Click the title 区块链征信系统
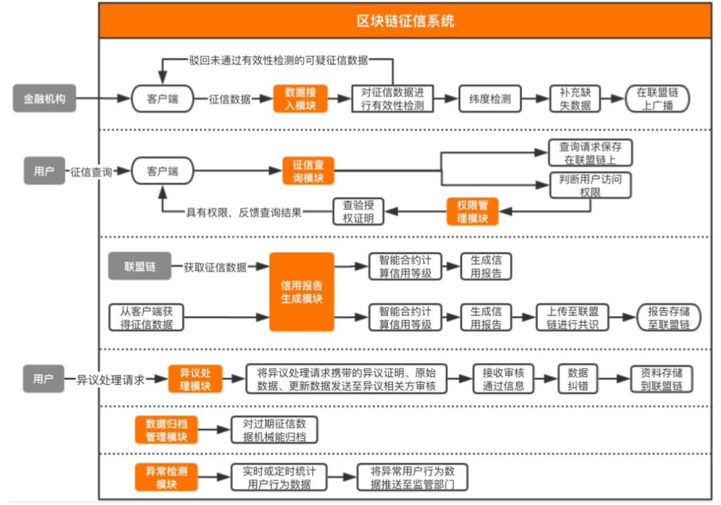[405, 20]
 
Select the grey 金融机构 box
[44, 99]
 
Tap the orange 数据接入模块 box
[301, 99]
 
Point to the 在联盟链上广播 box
[657, 99]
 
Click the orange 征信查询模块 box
[308, 171]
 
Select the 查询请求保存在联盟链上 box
[590, 152]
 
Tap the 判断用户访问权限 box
[590, 185]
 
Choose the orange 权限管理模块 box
[473, 211]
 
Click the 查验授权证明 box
[358, 211]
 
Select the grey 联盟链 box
[140, 267]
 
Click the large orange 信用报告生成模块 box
[302, 292]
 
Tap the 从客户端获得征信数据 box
[146, 317]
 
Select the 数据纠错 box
[578, 379]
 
